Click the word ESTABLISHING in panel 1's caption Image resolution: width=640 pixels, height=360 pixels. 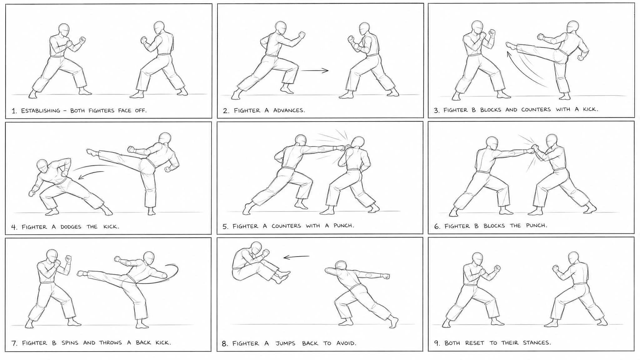[41, 111]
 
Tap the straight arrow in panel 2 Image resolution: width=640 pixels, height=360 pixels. [315, 71]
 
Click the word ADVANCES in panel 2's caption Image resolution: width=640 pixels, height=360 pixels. [289, 110]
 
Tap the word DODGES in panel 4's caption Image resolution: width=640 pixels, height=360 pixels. [71, 227]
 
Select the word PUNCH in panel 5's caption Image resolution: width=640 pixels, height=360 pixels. [344, 226]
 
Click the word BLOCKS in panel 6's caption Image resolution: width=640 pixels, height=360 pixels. [494, 226]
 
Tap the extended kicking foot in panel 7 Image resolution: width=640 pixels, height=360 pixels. [82, 273]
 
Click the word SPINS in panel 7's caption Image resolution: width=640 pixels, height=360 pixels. [70, 343]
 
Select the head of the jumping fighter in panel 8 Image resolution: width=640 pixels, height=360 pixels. [256, 249]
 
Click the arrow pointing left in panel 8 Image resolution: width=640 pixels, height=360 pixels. [296, 257]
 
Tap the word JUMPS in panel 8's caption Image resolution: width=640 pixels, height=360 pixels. [285, 343]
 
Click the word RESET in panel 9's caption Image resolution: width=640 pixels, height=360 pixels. [475, 343]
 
